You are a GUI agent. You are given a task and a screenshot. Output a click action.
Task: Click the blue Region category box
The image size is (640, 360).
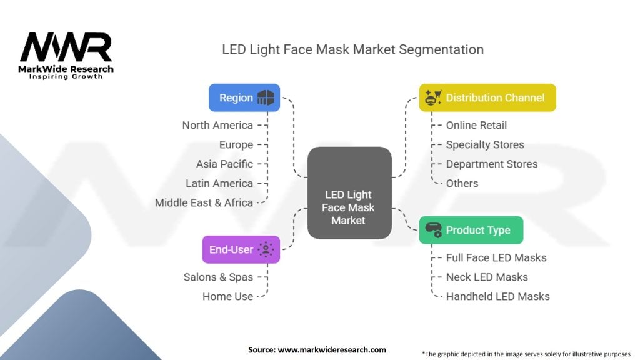(x=244, y=97)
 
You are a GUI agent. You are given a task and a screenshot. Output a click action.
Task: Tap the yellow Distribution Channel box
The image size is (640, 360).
(x=487, y=97)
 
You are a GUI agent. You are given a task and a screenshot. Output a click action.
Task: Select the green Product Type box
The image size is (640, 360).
(x=471, y=230)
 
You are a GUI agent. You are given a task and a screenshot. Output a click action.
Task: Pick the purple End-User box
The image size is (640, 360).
(x=241, y=249)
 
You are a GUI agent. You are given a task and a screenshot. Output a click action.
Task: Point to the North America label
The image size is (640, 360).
(x=217, y=125)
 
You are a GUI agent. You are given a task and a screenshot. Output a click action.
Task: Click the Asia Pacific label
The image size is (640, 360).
(x=224, y=164)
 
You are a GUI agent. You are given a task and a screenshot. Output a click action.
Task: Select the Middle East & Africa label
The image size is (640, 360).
(x=204, y=202)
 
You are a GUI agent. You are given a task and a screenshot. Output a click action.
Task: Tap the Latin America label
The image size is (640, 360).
(x=219, y=183)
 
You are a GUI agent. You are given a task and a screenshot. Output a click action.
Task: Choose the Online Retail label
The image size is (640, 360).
(x=476, y=125)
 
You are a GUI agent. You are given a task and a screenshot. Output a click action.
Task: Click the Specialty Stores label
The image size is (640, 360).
(x=485, y=144)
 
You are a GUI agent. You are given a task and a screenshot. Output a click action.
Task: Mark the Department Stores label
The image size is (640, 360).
(x=492, y=164)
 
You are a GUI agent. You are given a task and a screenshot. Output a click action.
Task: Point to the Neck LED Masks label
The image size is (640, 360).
(x=487, y=277)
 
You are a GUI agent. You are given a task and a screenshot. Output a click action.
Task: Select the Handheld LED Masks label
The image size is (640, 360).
(x=498, y=296)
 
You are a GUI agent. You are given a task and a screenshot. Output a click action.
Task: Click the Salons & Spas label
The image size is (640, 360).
(x=218, y=277)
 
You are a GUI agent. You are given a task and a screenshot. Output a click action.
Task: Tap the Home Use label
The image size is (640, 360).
(x=227, y=296)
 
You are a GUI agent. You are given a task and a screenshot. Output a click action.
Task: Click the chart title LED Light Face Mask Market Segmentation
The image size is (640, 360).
(x=352, y=49)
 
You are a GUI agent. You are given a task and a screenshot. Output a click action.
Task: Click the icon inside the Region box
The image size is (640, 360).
(x=266, y=97)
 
